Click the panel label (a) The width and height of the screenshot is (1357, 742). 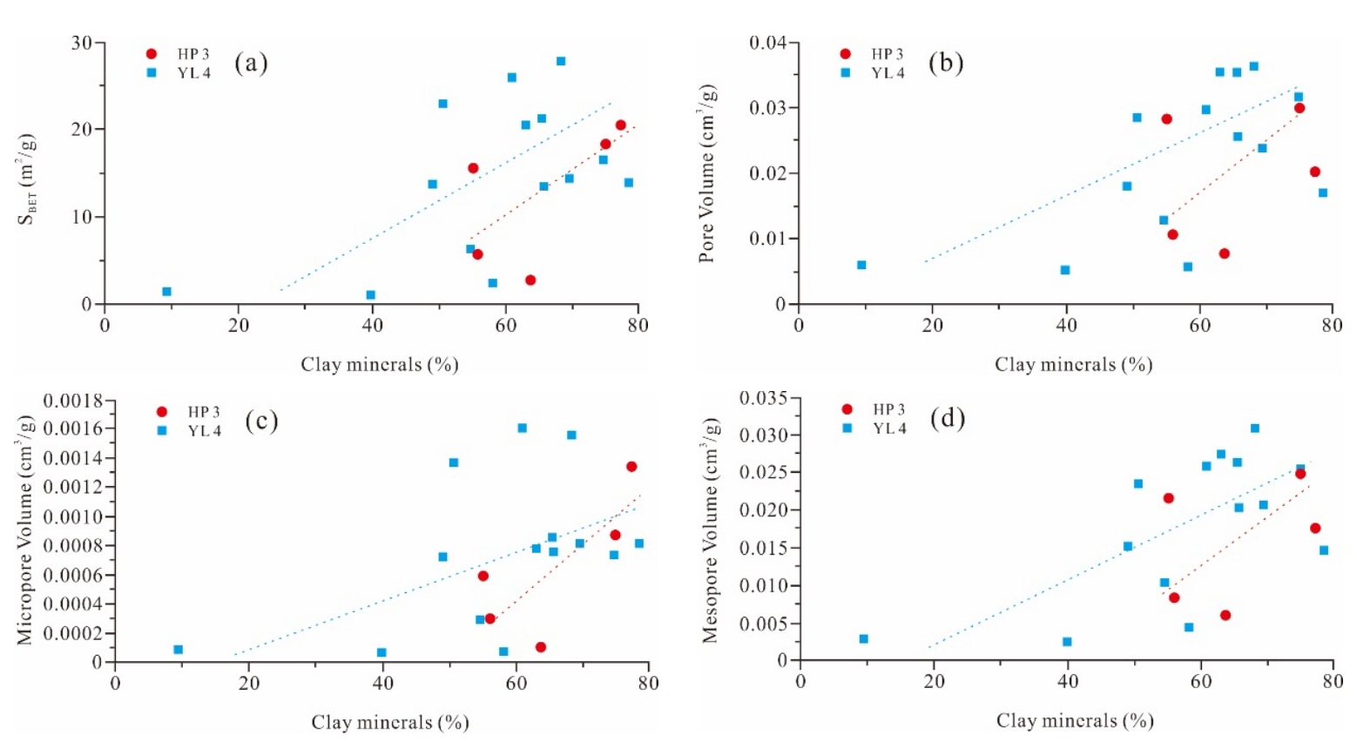251,63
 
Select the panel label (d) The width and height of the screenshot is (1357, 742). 947,418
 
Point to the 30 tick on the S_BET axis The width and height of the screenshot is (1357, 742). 82,43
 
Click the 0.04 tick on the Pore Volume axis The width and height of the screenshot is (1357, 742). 767,43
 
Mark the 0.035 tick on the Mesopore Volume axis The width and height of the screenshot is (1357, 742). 764,398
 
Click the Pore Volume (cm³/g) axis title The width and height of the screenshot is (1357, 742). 707,173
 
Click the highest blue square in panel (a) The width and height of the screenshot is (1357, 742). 561,61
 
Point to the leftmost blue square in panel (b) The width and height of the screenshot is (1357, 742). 861,265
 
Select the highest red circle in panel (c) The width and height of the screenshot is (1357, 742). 631,467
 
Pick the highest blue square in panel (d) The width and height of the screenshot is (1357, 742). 1255,428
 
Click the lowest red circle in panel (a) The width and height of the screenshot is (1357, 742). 530,280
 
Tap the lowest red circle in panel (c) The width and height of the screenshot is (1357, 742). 541,647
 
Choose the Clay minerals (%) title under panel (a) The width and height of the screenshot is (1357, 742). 380,365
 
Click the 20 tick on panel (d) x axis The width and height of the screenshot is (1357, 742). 934,681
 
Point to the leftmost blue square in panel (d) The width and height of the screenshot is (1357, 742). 863,638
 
